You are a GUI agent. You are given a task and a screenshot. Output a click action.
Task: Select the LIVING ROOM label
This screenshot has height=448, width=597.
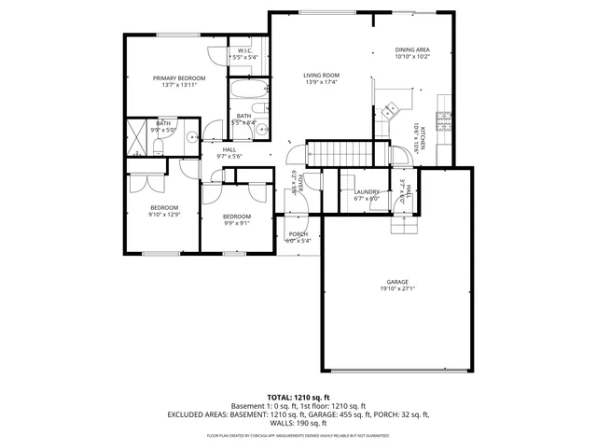[320, 76]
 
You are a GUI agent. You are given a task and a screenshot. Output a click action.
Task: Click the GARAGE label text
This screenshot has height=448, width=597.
[398, 282]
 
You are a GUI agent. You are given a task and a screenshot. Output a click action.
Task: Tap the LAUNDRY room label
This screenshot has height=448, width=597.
[366, 191]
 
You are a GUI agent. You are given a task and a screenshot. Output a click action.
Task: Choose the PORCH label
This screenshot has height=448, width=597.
[298, 233]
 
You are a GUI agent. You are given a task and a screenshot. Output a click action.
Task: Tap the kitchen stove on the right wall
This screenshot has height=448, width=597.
[443, 120]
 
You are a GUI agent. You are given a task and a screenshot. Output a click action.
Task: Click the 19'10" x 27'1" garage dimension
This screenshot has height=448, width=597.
[398, 289]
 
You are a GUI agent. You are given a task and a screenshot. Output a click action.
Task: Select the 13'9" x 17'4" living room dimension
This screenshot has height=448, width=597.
[320, 83]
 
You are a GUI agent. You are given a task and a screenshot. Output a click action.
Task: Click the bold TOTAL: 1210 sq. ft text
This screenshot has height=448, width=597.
[298, 397]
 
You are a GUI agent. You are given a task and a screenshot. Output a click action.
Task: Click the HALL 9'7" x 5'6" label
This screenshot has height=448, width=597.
[229, 153]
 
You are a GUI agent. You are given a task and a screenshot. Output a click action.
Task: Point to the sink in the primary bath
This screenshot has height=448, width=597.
[191, 135]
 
